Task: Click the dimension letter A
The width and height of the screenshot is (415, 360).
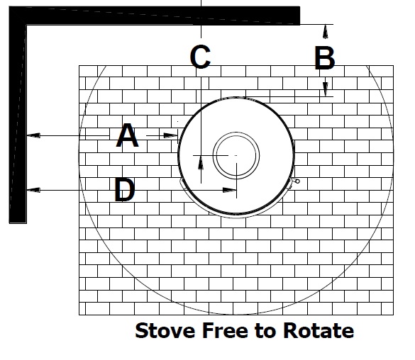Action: (127, 135)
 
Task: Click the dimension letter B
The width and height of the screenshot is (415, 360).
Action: (325, 57)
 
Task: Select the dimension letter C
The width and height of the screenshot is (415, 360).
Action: (200, 56)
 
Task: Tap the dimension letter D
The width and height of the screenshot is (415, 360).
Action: (125, 189)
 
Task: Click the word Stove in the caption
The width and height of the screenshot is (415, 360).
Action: (165, 330)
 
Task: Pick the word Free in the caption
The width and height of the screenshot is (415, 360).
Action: (226, 330)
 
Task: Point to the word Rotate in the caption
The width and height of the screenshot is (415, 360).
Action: (319, 330)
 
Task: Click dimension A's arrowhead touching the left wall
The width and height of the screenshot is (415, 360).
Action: (33, 135)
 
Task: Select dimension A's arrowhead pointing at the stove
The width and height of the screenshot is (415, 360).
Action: (171, 135)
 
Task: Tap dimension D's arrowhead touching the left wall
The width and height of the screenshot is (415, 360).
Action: (33, 190)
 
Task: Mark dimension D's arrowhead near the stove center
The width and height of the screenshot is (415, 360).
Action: (229, 190)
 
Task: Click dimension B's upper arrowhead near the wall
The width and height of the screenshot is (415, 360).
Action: (326, 31)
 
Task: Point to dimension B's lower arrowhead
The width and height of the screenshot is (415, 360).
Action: (326, 89)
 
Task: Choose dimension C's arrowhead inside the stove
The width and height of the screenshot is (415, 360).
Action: (201, 162)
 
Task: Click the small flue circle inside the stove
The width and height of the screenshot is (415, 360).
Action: (236, 156)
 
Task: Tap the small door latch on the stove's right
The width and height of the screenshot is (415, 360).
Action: (296, 181)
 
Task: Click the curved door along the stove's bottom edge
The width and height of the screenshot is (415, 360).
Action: (236, 218)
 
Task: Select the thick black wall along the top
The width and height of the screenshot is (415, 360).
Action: (155, 16)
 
